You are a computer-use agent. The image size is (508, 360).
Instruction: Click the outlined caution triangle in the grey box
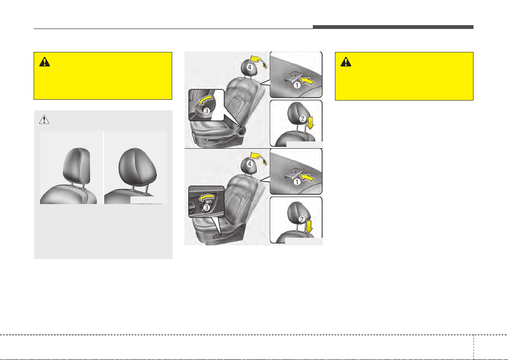tap(44, 119)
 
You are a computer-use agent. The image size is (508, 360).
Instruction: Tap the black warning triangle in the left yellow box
tap(44, 62)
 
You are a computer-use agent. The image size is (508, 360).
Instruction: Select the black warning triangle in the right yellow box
tap(346, 62)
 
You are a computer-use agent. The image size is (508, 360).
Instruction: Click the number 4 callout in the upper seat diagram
tap(249, 67)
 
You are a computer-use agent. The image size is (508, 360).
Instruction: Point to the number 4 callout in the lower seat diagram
tap(249, 164)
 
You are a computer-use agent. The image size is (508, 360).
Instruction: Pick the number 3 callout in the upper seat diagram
tap(207, 110)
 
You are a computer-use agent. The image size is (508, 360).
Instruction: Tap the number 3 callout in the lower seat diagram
tap(206, 207)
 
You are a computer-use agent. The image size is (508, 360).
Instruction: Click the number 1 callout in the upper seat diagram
tap(297, 86)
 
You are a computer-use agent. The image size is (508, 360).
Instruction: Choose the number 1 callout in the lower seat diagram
tap(297, 182)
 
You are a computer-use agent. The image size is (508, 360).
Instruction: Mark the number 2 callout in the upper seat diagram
tap(303, 119)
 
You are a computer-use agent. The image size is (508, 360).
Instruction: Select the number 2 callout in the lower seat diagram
tap(302, 219)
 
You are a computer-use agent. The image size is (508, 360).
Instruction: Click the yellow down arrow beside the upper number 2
tap(310, 123)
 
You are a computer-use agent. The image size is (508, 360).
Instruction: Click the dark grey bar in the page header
tap(393, 27)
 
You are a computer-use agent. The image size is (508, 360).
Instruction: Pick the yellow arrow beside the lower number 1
tap(307, 177)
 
